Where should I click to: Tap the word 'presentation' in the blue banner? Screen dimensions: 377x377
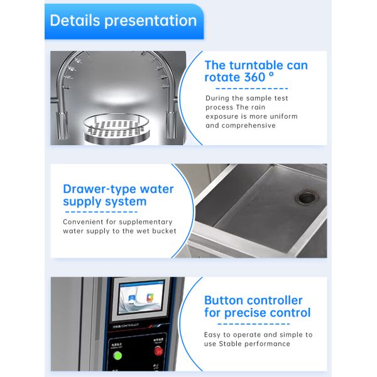point(150,21)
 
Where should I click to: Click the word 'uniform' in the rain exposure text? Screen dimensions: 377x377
point(282,116)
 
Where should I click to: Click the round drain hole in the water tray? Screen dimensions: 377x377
point(307,197)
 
